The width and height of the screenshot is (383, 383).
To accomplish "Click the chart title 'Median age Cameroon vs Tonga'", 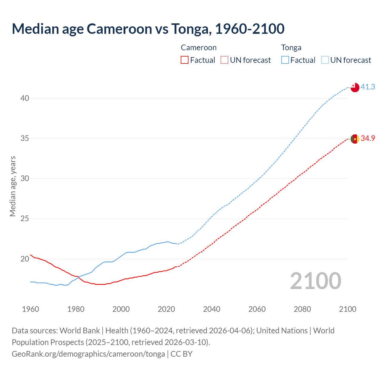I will [x=148, y=29].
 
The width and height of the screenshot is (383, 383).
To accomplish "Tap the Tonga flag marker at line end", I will [x=355, y=87].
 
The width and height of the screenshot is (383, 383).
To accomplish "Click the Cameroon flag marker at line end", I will [x=355, y=139].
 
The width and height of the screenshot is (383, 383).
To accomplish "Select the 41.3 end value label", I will [x=368, y=87].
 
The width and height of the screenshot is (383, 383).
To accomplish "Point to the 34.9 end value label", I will [x=368, y=138].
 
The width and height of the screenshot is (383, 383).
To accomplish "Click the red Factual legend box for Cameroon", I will [x=185, y=60].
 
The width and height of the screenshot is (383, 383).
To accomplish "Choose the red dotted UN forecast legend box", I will [x=224, y=60].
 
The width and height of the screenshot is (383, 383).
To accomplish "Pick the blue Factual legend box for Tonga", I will [x=285, y=60].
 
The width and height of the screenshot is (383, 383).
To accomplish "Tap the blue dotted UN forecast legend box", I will [x=325, y=60].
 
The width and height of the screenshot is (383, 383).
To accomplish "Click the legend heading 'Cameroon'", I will [x=198, y=48].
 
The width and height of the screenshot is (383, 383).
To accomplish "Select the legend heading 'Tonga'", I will [x=291, y=48].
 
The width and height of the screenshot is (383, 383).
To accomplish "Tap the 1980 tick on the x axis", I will [x=76, y=309].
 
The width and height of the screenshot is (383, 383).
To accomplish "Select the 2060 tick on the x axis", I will [x=257, y=309].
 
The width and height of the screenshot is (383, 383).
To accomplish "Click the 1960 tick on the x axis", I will [x=31, y=309].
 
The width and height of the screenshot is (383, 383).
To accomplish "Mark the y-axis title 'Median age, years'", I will [x=13, y=186].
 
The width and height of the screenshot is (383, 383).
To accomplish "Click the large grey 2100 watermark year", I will [x=315, y=281].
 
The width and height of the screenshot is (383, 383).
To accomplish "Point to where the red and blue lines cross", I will [x=78, y=277].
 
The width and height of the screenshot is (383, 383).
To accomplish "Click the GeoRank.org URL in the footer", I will [x=88, y=354].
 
